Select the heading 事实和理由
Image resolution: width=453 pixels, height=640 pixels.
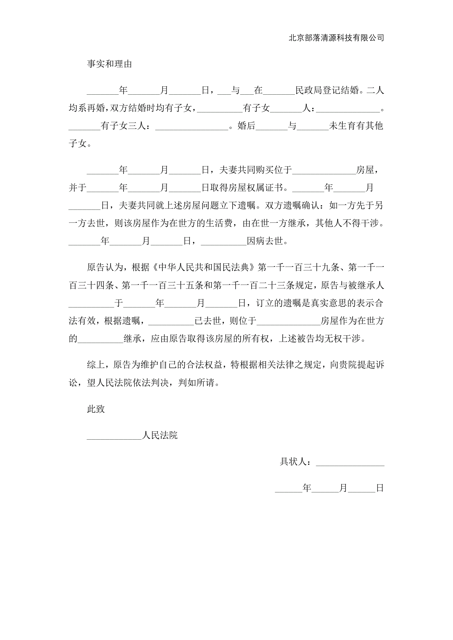coord(109,64)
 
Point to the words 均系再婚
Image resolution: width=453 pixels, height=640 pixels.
coord(87,108)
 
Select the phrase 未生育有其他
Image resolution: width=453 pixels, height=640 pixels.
coord(356,126)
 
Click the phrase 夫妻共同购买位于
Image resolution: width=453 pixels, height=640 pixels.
coord(256,170)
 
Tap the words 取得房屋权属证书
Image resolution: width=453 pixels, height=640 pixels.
coord(247,188)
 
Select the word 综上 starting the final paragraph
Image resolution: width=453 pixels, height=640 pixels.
coord(96,365)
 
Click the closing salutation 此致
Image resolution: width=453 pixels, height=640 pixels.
coord(96,409)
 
